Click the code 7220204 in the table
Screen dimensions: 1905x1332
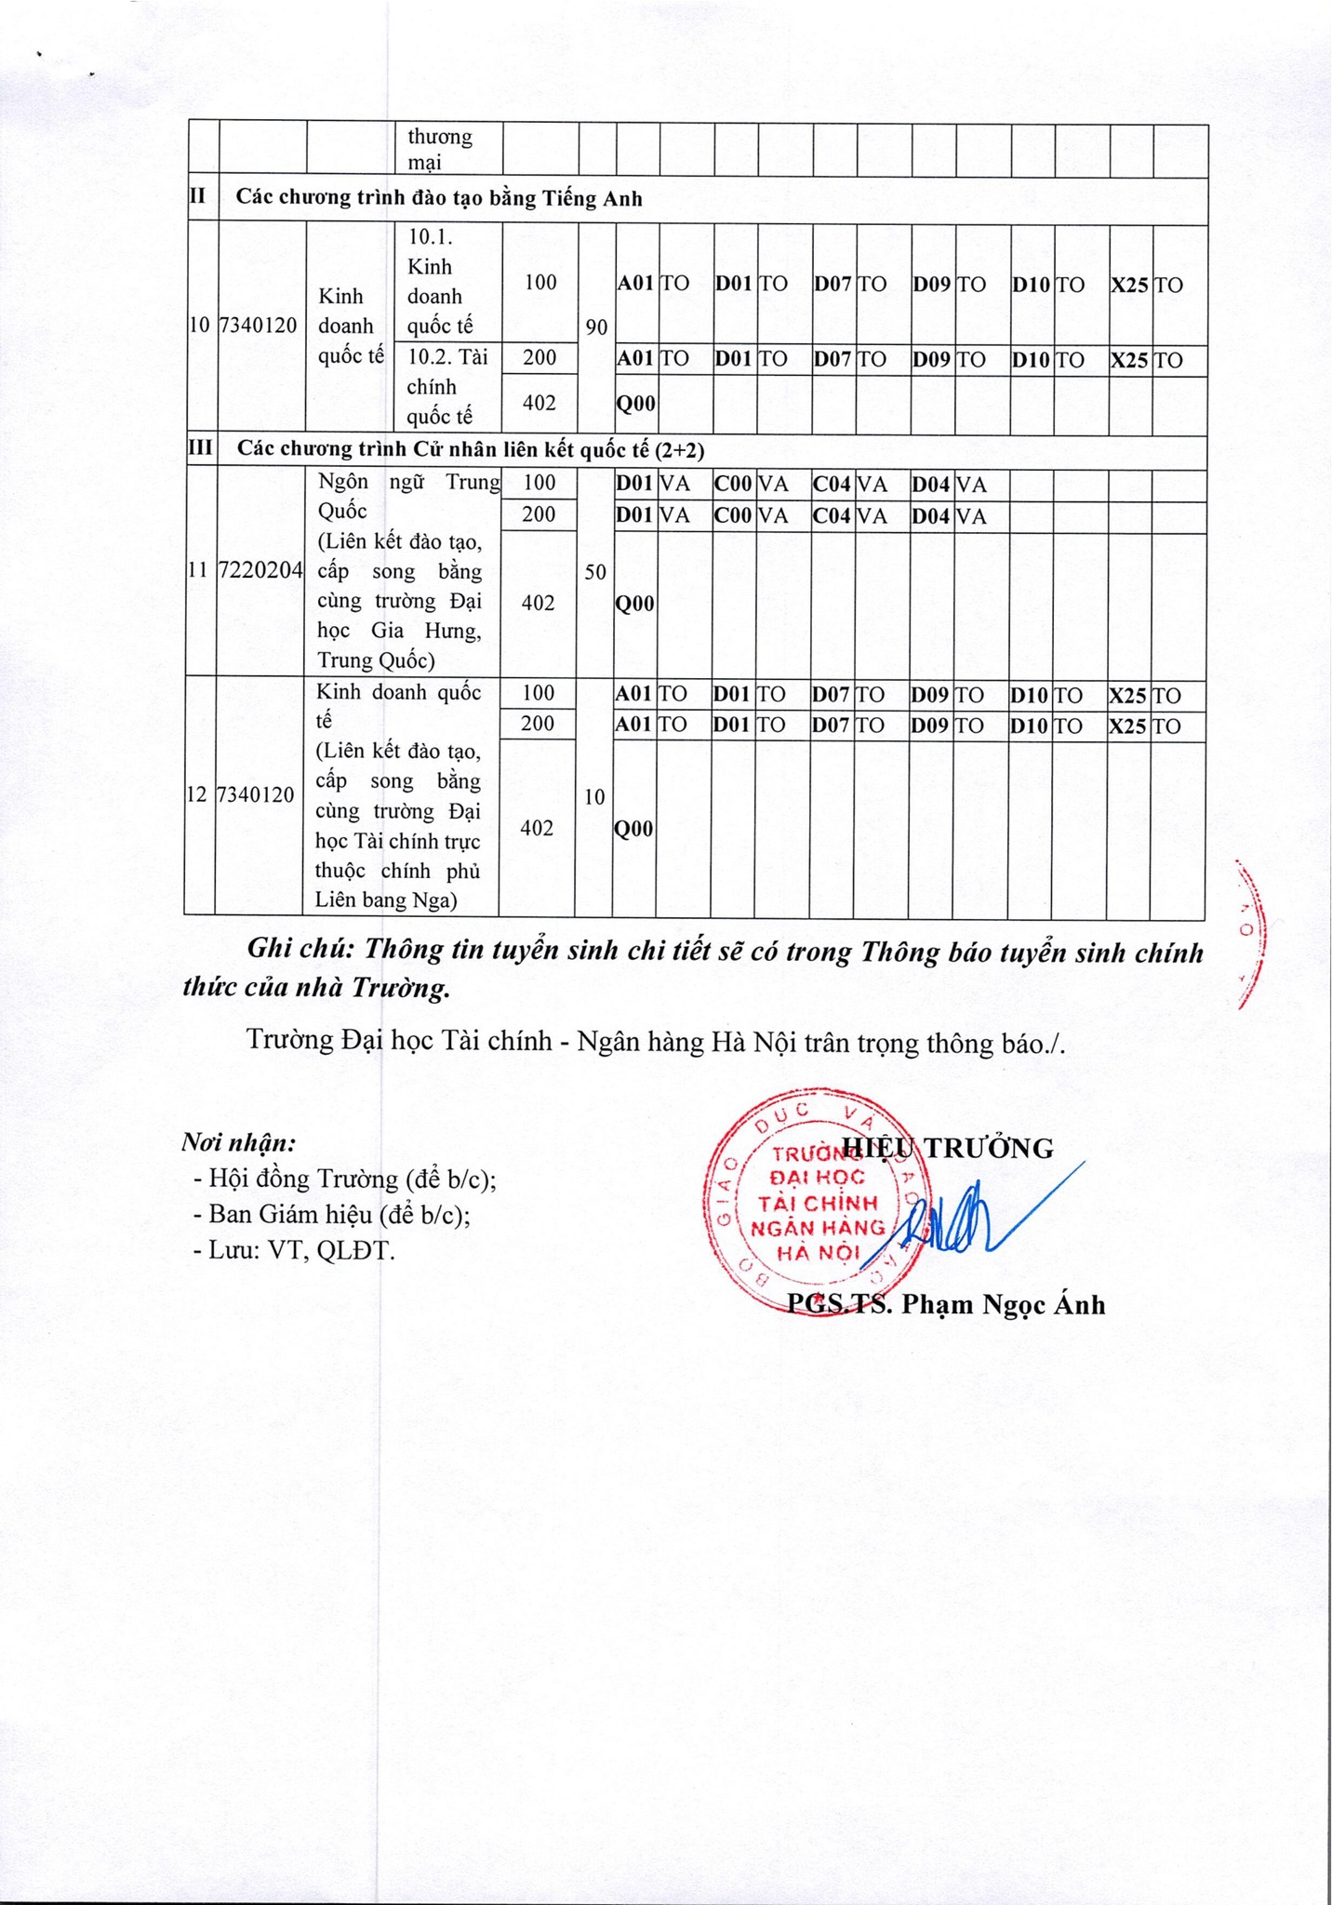coord(260,571)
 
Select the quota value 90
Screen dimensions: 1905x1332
coord(596,327)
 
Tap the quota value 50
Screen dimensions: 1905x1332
coord(595,572)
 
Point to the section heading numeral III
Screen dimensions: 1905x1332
coord(201,448)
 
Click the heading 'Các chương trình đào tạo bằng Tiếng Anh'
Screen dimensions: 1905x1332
coord(439,198)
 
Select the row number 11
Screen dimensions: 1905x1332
coord(199,571)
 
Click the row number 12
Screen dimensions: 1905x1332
coord(198,795)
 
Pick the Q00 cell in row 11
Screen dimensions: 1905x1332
coord(636,605)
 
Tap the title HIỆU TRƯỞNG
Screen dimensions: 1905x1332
coord(947,1149)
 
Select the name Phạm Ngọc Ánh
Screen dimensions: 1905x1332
coord(1004,1305)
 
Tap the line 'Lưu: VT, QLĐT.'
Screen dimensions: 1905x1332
coord(294,1251)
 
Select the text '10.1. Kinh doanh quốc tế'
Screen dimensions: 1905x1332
coord(439,282)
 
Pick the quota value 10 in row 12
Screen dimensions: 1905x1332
coord(593,797)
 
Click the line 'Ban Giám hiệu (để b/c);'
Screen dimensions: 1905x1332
coord(331,1215)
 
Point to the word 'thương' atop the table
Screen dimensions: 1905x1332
coord(440,138)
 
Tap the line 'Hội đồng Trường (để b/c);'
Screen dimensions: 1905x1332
coord(344,1179)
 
